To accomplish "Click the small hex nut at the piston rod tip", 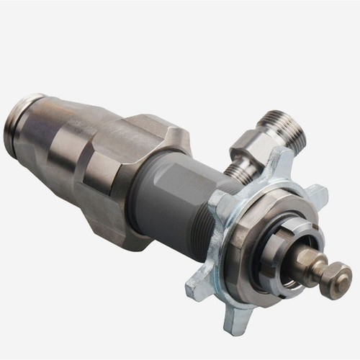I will pos(336,279).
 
